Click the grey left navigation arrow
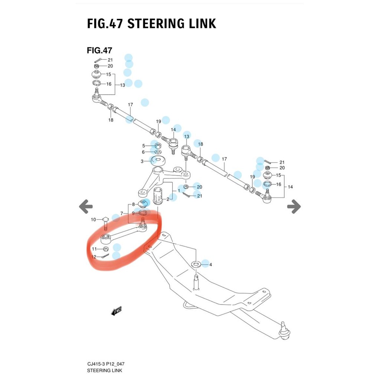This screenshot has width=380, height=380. pos(86,206)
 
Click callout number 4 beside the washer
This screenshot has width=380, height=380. pos(210,265)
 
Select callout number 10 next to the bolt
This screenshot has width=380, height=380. pos(94,220)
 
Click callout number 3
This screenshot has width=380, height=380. pos(142,161)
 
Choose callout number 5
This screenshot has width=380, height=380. pos(143,145)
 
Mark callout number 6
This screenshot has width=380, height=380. pos(143,152)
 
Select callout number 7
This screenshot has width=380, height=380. pos(121,213)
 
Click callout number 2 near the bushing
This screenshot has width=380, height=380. pos(168,199)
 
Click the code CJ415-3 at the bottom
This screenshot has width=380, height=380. pos(96,364)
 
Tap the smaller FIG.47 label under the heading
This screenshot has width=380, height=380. pos(99,50)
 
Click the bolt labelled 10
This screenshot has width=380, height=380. pos(105,223)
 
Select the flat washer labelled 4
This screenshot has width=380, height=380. pos(196,264)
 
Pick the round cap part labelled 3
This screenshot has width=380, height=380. pos(158,161)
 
